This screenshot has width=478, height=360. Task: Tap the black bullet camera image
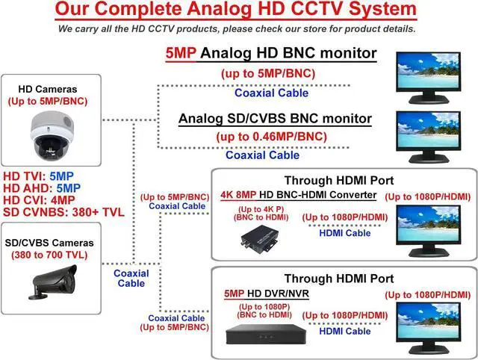pos(54,281)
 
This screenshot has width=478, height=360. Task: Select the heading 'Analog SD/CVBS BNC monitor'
pos(275,120)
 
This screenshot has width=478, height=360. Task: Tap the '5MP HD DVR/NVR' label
pos(266,294)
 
